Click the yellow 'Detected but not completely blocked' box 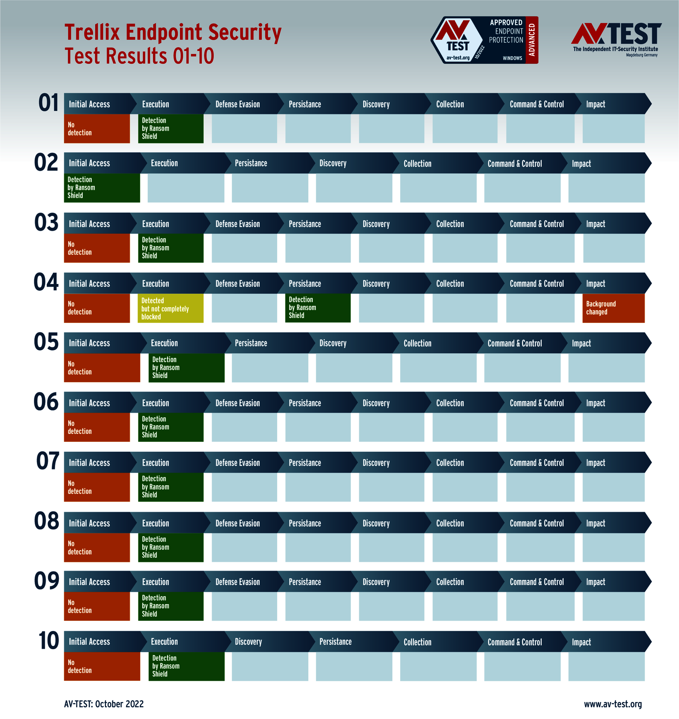[171, 308]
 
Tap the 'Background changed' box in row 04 [613, 308]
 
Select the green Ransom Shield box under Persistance [318, 308]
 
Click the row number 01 [49, 103]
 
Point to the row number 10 [49, 641]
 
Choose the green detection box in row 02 [102, 188]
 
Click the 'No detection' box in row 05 [102, 368]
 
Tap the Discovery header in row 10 [248, 642]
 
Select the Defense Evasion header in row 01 [238, 104]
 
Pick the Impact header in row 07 [596, 463]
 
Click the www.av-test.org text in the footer [613, 704]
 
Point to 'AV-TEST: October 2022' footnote [104, 704]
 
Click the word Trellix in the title [92, 32]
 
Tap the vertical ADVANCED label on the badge [532, 40]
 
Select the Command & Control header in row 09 [537, 582]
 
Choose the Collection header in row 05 [417, 343]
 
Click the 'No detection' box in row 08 [97, 548]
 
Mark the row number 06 [46, 402]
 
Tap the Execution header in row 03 [155, 224]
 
